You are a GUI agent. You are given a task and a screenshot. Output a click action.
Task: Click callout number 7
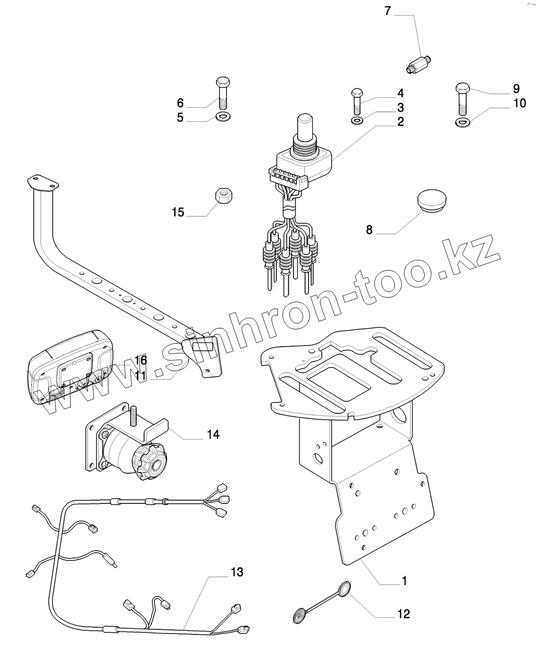[x=387, y=10]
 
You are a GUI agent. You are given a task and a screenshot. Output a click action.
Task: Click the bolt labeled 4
[x=358, y=101]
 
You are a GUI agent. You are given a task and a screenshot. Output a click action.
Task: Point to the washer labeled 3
[x=358, y=121]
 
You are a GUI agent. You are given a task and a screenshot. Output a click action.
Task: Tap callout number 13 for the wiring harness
[x=236, y=573]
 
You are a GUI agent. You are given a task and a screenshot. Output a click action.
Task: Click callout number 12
[x=403, y=614]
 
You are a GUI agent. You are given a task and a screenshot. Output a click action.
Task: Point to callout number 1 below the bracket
[x=404, y=580]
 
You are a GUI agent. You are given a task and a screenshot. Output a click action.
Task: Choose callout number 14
[x=213, y=434]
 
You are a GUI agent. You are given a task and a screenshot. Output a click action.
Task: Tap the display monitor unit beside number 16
[x=70, y=367]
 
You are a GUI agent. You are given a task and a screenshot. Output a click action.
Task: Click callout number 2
[x=400, y=122]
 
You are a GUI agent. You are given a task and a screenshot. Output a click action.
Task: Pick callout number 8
[x=369, y=230]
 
